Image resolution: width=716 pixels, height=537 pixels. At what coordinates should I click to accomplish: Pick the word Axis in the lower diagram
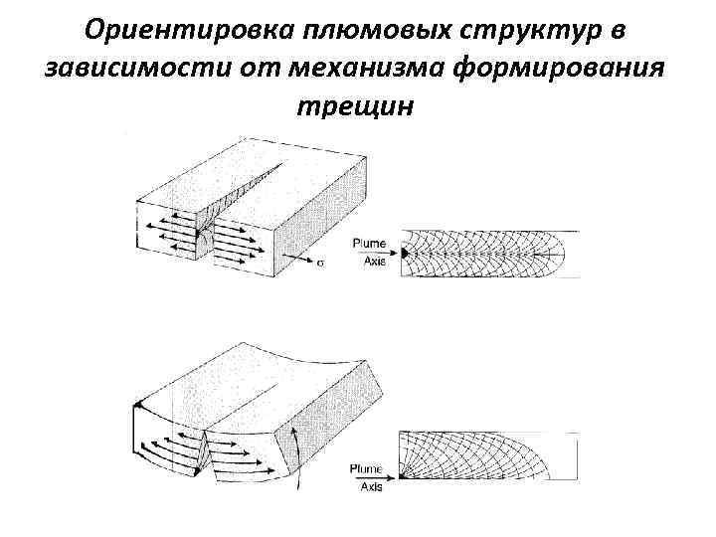[x=372, y=487]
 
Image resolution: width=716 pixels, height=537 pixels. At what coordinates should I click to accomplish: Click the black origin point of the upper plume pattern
[x=406, y=256]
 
